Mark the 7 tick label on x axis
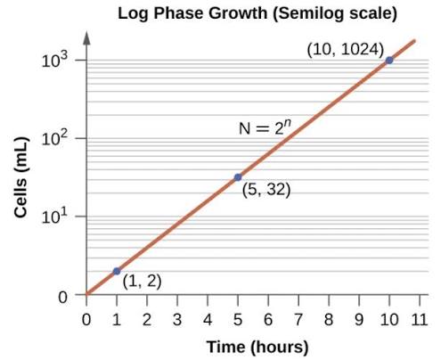coord(298,318)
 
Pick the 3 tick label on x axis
coord(177,318)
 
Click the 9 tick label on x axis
coord(359,318)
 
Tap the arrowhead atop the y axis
coord(86,38)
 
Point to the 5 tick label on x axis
coord(238,318)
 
